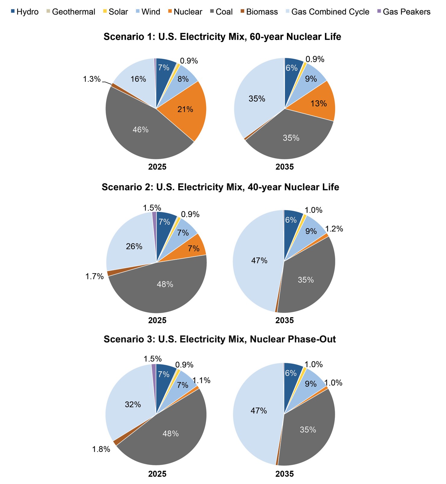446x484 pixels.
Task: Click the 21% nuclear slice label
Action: pos(185,109)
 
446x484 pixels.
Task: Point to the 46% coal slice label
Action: pos(140,130)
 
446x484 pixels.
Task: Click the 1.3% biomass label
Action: pos(91,79)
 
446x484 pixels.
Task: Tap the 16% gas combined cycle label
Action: pos(138,79)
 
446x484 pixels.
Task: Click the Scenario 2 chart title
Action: pos(220,187)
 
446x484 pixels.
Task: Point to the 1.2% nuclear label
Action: pos(334,229)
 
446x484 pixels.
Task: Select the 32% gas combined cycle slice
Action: pos(133,405)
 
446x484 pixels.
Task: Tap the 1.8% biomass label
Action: pos(101,450)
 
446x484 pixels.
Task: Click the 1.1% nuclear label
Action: pos(201,380)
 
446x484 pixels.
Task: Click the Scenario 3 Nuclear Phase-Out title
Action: pos(220,339)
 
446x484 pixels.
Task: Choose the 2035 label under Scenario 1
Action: pos(284,167)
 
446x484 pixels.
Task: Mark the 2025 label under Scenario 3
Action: pos(157,474)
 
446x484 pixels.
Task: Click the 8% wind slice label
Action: pos(183,79)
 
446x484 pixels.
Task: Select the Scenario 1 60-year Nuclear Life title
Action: pos(222,37)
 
